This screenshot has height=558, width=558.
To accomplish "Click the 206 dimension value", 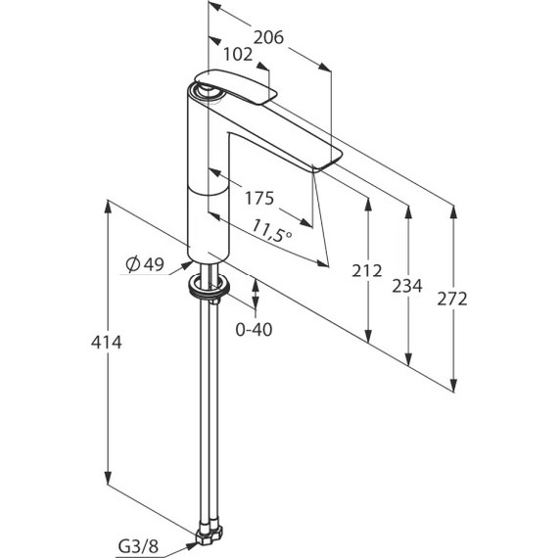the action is pos(268,37).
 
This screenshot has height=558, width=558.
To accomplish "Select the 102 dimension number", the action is pos(238,55).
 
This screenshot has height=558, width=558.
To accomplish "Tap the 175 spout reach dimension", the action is pos(259,198).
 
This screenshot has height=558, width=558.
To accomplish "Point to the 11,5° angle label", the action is pos(272,231).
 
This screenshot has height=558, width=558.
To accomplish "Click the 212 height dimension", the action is pos(367,271).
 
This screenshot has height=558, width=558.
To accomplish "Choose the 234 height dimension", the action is pos(407,286).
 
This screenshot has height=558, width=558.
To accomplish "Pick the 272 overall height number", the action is pos(452,299).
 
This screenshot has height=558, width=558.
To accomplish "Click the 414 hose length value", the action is pos(107,343).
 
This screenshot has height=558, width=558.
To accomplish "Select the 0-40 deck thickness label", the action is pos(254,330).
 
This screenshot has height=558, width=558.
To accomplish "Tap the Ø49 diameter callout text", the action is pos(145,264).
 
